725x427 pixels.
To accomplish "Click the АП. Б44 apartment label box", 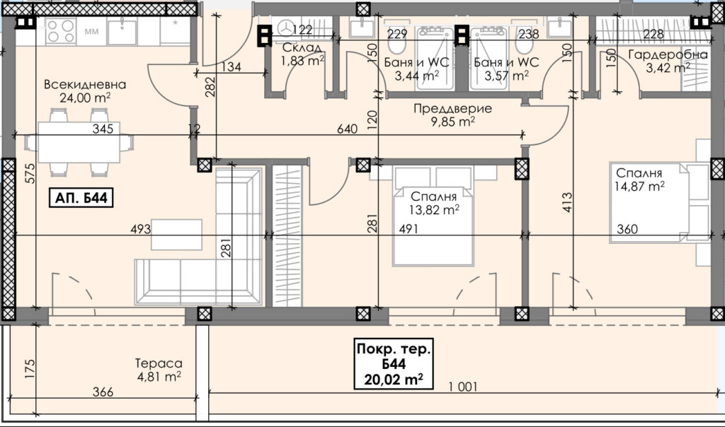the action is point(81,198).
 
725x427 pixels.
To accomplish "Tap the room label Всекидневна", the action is point(85,84).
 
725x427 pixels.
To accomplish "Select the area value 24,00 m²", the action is point(85,98).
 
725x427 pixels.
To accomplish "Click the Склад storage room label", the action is point(302,47).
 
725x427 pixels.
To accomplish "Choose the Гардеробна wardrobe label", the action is point(668,54).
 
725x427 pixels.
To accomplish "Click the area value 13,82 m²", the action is point(434,210).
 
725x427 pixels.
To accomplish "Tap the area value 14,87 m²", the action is point(639,186).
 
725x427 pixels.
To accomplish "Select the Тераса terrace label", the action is point(159,363).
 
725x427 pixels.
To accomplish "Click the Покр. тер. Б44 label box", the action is point(394,364).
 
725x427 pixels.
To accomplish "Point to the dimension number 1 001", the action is point(463,387).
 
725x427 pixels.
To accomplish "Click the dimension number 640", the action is point(347,129).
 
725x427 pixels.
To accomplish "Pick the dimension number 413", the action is point(567,202).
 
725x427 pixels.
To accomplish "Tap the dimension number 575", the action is point(30,174).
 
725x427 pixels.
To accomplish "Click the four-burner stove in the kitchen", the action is point(61,31).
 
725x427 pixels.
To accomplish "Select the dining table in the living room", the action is point(79,142).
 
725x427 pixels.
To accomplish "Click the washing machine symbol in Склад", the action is point(286,28).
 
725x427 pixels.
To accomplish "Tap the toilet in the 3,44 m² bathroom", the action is point(396,44).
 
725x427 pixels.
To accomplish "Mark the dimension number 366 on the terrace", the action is point(103,392).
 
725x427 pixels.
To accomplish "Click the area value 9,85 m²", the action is point(452,122).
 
